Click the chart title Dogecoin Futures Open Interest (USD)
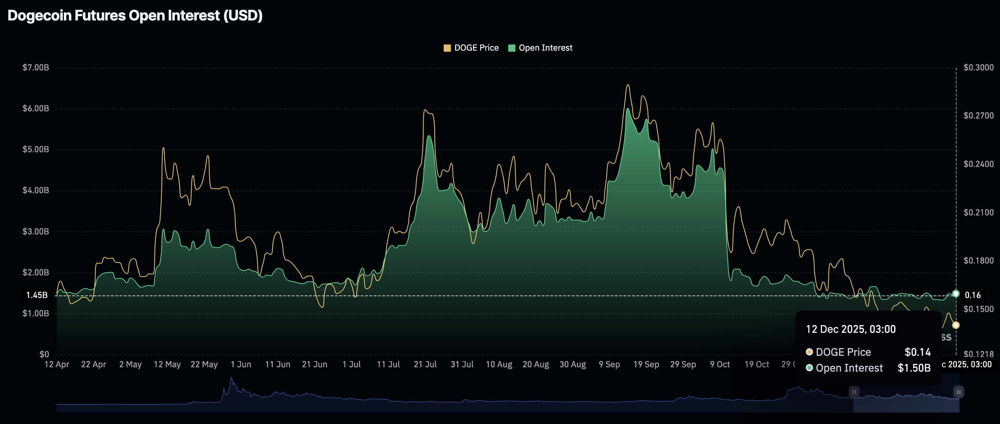[135, 15]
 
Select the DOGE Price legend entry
[471, 48]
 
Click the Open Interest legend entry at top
[540, 48]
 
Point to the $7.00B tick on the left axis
[36, 67]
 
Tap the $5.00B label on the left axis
[36, 149]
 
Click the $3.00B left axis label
[36, 232]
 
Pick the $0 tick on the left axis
[44, 354]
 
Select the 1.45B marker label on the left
[37, 295]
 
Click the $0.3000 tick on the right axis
[978, 67]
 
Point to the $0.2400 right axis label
[978, 164]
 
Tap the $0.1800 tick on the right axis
[978, 261]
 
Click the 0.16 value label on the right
[972, 295]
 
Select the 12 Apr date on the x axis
[57, 364]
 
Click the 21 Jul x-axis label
[425, 364]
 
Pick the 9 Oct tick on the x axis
[720, 364]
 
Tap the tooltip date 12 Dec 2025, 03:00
[851, 329]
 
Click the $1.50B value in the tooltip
[914, 368]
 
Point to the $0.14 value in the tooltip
[917, 352]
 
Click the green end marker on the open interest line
[956, 294]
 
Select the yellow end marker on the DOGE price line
[956, 325]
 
